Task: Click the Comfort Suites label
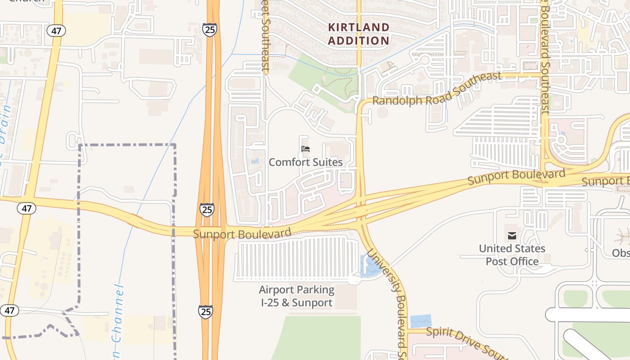pyautogui.click(x=306, y=162)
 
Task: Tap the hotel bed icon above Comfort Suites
pyautogui.click(x=306, y=149)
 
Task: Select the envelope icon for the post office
pyautogui.click(x=512, y=236)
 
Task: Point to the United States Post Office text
pyautogui.click(x=512, y=255)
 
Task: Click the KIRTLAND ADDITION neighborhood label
pyautogui.click(x=359, y=34)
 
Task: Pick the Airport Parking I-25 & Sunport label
pyautogui.click(x=297, y=296)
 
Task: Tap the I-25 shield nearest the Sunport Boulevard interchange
pyautogui.click(x=207, y=209)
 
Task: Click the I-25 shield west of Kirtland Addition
pyautogui.click(x=209, y=30)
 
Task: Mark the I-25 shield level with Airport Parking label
pyautogui.click(x=206, y=311)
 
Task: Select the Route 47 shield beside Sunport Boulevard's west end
pyautogui.click(x=27, y=208)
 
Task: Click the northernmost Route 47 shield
pyautogui.click(x=56, y=31)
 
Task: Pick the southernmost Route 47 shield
pyautogui.click(x=9, y=310)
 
